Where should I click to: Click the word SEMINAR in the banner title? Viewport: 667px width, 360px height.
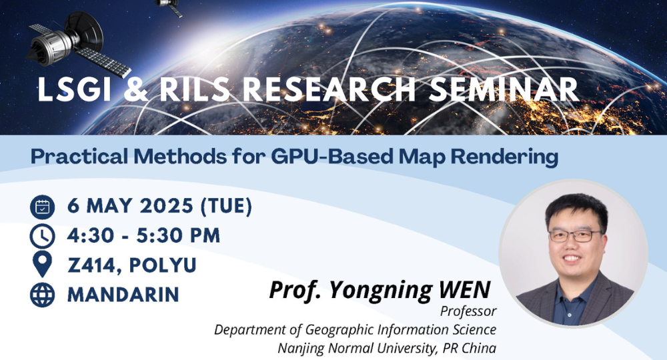click(503, 90)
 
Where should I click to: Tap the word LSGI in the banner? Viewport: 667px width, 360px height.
click(74, 90)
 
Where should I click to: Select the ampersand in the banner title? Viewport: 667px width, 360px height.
click(135, 90)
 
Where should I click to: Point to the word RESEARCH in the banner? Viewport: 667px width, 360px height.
click(329, 90)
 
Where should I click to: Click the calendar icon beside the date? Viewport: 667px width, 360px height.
click(42, 207)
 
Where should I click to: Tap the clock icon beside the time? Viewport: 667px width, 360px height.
click(42, 236)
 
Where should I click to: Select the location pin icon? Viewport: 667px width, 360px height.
click(42, 264)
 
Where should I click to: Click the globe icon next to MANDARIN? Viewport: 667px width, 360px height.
click(42, 295)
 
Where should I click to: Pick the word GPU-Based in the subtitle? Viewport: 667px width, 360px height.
click(331, 157)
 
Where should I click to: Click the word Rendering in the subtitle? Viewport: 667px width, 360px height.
click(504, 157)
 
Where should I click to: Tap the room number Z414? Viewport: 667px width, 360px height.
click(95, 265)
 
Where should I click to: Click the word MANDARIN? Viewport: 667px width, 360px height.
click(123, 295)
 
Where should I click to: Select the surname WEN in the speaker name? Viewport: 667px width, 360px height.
click(464, 290)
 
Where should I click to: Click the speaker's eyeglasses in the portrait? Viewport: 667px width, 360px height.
click(575, 235)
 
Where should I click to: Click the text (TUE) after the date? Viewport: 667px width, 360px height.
click(226, 206)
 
